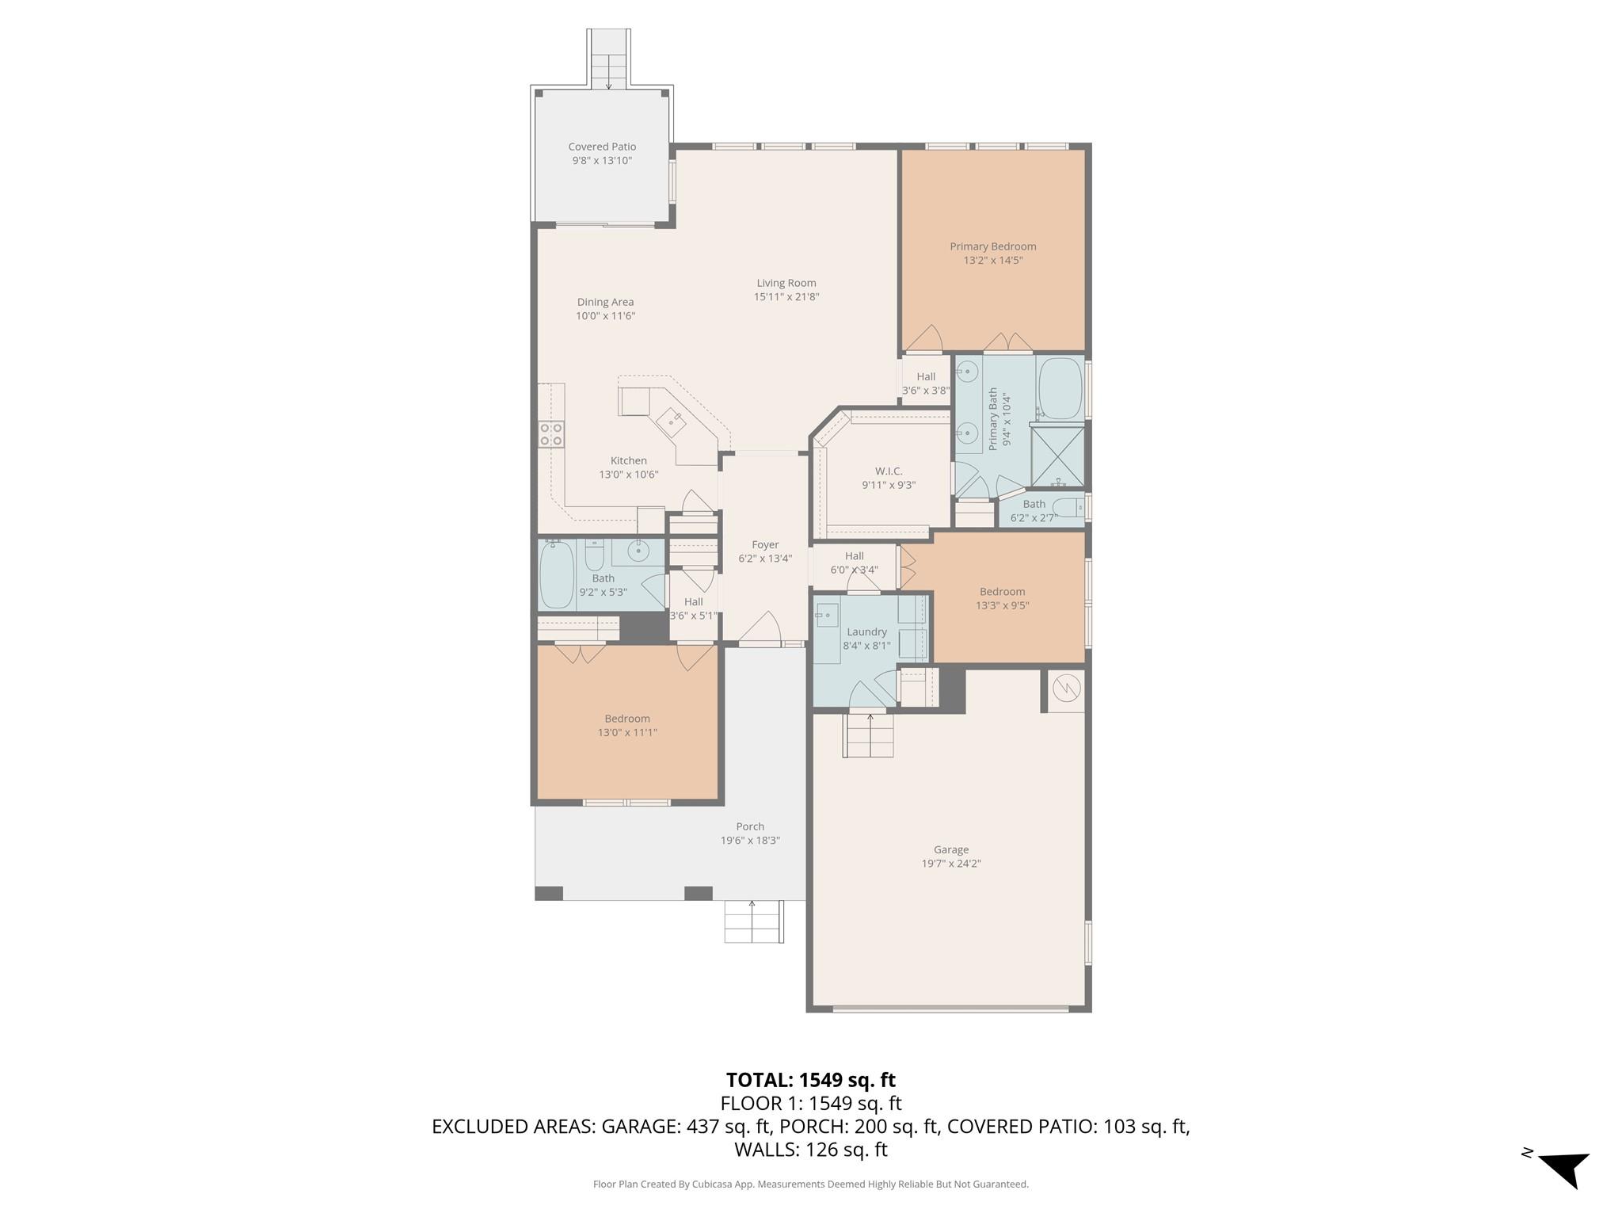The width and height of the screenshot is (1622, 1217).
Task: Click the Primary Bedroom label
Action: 992,246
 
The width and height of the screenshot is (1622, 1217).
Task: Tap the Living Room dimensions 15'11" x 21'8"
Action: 786,297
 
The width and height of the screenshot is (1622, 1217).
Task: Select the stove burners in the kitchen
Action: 551,434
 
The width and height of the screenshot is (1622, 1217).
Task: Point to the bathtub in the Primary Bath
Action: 1060,388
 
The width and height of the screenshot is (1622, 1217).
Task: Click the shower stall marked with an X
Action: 1057,456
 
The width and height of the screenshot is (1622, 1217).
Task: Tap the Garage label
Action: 950,849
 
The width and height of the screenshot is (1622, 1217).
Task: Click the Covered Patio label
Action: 602,147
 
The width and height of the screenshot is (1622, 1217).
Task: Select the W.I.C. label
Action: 889,471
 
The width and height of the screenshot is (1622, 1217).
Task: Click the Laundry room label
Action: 866,631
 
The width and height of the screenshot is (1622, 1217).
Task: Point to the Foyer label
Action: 765,544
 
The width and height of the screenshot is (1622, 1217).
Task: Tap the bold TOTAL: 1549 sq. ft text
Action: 810,1080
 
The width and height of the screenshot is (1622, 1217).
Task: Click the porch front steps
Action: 753,922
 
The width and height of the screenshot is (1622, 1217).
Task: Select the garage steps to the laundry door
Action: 868,735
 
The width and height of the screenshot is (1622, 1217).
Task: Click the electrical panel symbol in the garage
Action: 1066,688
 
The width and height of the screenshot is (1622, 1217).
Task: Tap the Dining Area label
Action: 605,302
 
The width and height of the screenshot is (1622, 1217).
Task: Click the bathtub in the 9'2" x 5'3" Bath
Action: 556,574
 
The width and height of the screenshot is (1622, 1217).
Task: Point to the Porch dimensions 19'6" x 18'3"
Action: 750,841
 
